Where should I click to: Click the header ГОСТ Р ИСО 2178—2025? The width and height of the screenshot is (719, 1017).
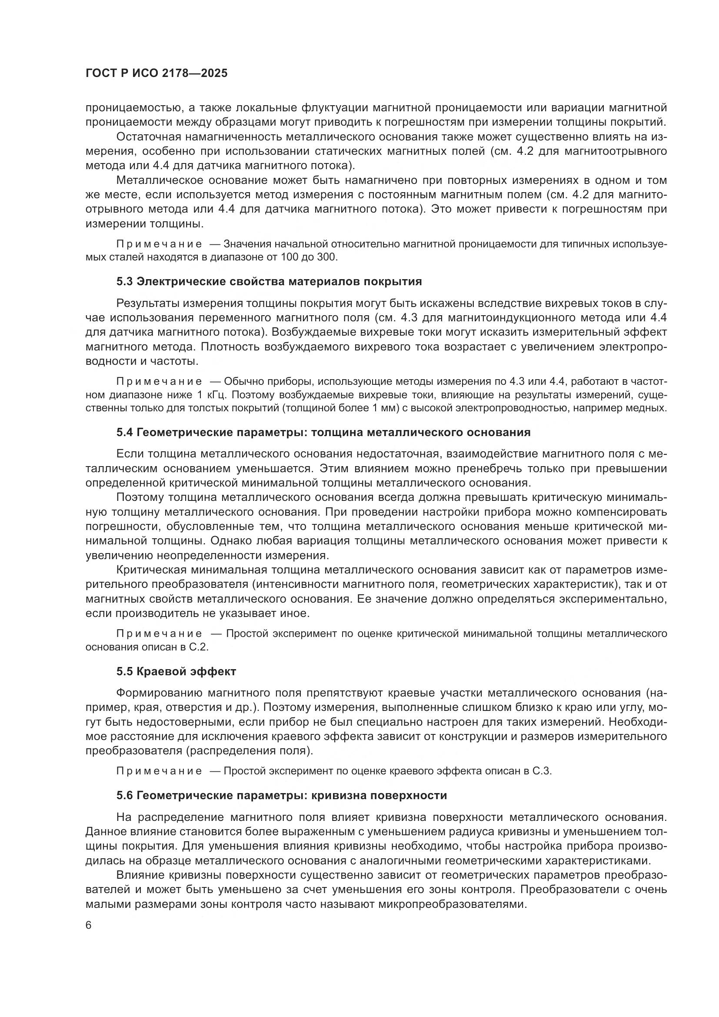156,73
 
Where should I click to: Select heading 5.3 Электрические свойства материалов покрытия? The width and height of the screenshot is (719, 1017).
269,282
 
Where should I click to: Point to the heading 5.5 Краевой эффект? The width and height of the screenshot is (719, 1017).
176,671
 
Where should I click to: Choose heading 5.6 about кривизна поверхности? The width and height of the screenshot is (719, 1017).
282,796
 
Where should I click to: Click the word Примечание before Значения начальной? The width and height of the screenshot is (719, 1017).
159,244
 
